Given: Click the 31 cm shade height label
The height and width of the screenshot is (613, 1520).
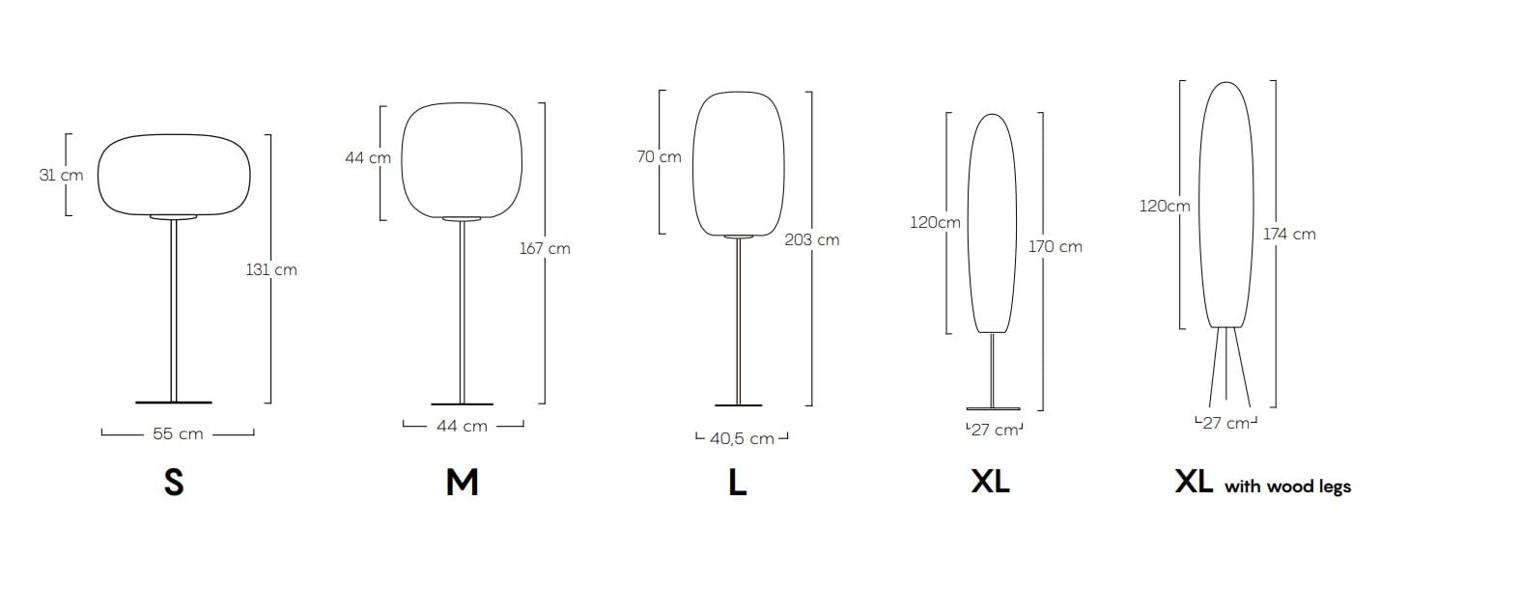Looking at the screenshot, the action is click(x=61, y=175).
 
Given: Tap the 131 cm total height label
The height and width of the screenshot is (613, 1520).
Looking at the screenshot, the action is click(x=271, y=270).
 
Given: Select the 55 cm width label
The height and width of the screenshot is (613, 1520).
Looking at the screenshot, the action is click(x=178, y=434).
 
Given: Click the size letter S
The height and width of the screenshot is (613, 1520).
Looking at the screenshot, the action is click(x=174, y=483).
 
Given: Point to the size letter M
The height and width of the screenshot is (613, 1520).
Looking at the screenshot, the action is click(x=463, y=483).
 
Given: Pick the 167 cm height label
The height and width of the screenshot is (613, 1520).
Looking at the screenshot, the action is click(x=545, y=249).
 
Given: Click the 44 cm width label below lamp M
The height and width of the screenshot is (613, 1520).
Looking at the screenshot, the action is click(x=463, y=427).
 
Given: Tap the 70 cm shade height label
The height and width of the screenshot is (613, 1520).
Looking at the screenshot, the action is click(x=659, y=156).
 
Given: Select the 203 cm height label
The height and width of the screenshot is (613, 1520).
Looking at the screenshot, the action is click(x=812, y=240).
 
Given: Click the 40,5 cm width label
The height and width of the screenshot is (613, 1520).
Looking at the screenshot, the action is click(x=743, y=438).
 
